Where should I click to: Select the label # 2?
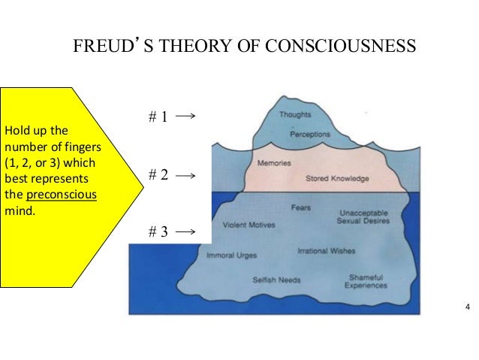tap(158, 175)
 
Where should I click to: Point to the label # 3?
tap(158, 231)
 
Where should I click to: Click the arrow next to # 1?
tap(188, 116)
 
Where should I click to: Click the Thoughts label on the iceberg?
tap(295, 115)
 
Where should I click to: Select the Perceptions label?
tap(310, 135)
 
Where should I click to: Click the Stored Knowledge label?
tap(337, 179)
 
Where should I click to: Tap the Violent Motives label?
tap(249, 224)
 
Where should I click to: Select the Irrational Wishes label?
tap(327, 251)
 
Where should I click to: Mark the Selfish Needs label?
tap(276, 280)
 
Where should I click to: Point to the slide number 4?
tap(468, 307)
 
